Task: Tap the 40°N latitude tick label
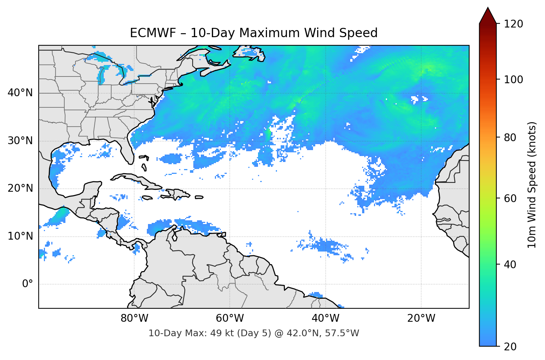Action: [x=20, y=93]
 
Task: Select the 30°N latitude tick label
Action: [x=20, y=141]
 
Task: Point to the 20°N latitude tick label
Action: [x=20, y=188]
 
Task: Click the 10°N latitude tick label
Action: [x=20, y=236]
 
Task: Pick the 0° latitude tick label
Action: [x=28, y=284]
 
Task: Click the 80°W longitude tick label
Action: [x=135, y=318]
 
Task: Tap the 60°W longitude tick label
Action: [x=230, y=318]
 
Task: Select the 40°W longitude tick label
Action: [x=325, y=318]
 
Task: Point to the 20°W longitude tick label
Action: [x=421, y=318]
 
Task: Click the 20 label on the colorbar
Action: [x=510, y=347]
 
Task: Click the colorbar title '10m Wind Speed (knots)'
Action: [x=532, y=185]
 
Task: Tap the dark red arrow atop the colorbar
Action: [x=488, y=16]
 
